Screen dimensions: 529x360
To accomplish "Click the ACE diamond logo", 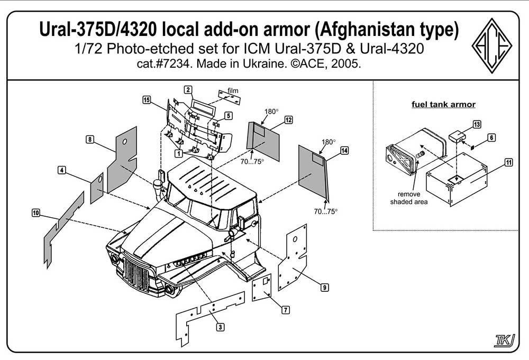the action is coord(491,45).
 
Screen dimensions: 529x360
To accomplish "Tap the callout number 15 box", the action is coord(147,100).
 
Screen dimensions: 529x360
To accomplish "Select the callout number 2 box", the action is coord(188,90).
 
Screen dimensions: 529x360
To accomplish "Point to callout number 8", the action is coord(90,139).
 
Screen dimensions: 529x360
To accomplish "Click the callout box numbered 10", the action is coord(36,213).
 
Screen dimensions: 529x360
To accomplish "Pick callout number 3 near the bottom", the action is coord(220,327).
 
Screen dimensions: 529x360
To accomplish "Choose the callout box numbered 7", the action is coord(286,310).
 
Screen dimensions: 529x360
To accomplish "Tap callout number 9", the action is coord(324,287).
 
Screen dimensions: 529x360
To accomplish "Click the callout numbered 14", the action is coord(344,150).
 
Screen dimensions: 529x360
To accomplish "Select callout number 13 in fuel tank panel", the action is coord(477,124).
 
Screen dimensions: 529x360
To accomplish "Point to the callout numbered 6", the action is coord(491,137).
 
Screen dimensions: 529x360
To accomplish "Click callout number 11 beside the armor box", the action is coord(509,162).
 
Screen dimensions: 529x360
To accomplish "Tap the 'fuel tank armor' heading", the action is coord(443,105).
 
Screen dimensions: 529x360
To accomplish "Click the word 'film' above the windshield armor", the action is coord(233,90).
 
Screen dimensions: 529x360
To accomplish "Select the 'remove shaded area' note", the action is coord(409,198).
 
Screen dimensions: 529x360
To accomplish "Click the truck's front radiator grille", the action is coord(136,274).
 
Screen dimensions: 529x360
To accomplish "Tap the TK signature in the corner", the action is coord(504,340).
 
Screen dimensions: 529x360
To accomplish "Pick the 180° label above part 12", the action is coord(271,111).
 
